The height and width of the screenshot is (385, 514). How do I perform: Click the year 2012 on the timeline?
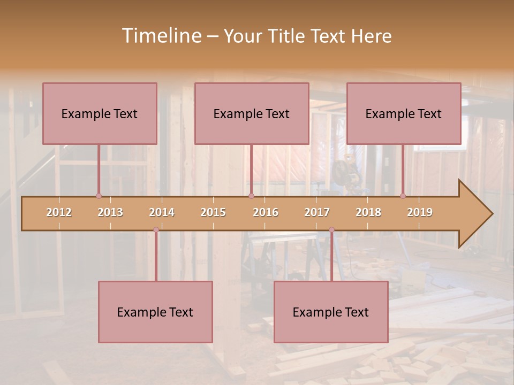pos(59,212)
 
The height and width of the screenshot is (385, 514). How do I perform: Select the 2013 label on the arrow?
pos(110,212)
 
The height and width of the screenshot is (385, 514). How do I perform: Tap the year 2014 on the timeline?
pos(162,212)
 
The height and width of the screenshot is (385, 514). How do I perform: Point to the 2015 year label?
pos(213,212)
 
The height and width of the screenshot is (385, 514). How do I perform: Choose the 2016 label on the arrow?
pos(266,212)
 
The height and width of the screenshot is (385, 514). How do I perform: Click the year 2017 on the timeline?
pos(317,212)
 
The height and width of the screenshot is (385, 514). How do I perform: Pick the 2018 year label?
pos(368,212)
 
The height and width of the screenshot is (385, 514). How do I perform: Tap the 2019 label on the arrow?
pos(420,212)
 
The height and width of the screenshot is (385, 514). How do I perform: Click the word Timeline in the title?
pos(161,36)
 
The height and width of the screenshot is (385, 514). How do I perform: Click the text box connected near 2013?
pos(100,113)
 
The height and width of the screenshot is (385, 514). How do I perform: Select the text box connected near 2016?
pos(252,113)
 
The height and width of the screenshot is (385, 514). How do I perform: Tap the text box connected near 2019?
pos(404,113)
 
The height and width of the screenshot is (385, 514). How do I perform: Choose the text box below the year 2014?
pos(155,312)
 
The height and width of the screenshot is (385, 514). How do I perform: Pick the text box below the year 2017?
pos(331,312)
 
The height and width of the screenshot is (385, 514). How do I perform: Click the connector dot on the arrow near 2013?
pos(99,196)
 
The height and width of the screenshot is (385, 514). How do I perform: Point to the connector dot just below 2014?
pos(156,230)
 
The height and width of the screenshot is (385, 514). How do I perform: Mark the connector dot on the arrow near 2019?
pos(403,196)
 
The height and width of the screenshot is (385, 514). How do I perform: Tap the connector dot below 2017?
pos(331,230)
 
